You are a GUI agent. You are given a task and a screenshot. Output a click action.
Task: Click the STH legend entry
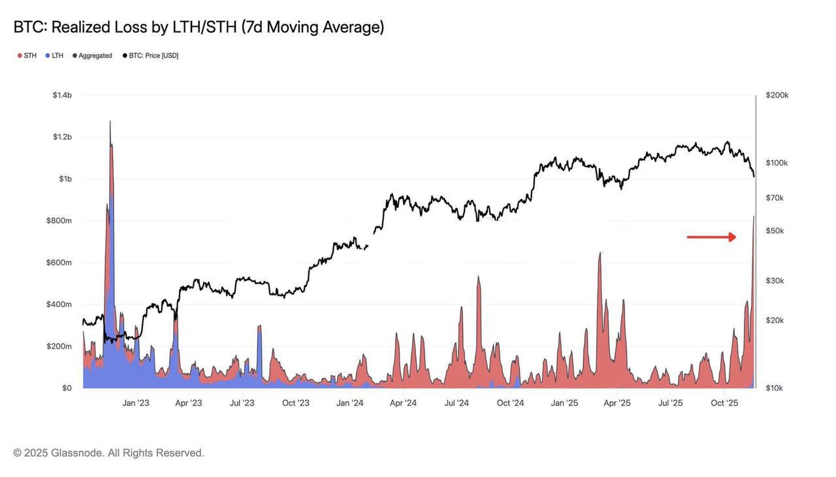[x=27, y=56]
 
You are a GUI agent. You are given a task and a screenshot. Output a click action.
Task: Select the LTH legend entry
[x=55, y=56]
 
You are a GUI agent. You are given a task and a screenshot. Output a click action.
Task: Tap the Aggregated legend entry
[x=93, y=56]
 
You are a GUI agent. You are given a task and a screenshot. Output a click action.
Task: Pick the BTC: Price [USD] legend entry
[x=151, y=56]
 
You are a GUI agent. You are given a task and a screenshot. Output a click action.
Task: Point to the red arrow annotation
[x=711, y=237]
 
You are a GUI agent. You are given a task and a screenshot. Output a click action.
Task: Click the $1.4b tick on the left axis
[x=62, y=95]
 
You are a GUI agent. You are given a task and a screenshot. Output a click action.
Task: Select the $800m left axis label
[x=59, y=221]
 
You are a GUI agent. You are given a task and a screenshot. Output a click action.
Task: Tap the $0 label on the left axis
[x=67, y=388]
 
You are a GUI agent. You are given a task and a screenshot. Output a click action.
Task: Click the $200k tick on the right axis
[x=777, y=95]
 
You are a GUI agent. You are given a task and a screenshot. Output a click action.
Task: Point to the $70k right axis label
[x=775, y=198]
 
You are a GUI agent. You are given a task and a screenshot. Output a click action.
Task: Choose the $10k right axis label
[x=775, y=388]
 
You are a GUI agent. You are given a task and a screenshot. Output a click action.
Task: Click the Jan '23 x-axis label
[x=136, y=403]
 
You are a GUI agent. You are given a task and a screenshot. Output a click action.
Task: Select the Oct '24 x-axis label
[x=510, y=403]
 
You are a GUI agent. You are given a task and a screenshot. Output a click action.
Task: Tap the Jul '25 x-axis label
[x=670, y=403]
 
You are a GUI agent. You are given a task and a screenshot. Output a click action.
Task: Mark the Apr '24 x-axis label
[x=403, y=403]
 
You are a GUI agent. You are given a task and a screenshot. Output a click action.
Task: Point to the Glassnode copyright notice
[x=108, y=453]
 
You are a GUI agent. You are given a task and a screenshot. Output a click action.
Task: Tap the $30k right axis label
[x=775, y=281]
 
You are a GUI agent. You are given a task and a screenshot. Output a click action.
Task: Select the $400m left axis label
[x=59, y=304]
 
